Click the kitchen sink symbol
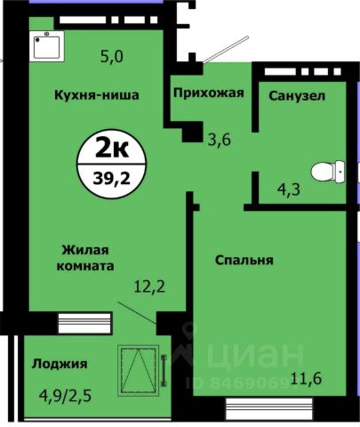tap(45, 45)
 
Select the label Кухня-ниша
tap(95, 96)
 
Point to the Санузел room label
tap(292, 96)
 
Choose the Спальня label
tap(244, 261)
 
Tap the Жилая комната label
tap(87, 258)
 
